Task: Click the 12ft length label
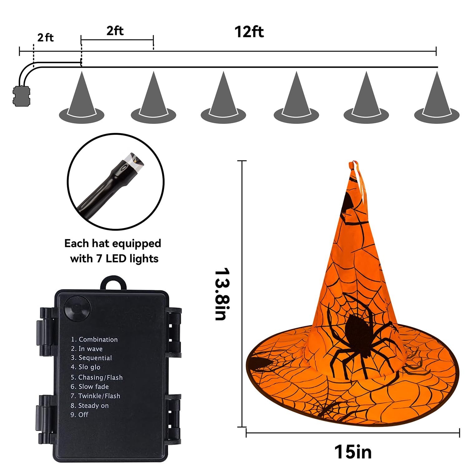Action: point(249,32)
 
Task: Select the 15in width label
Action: point(353,451)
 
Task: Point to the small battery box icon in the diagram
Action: point(22,96)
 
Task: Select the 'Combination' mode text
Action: point(94,339)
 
